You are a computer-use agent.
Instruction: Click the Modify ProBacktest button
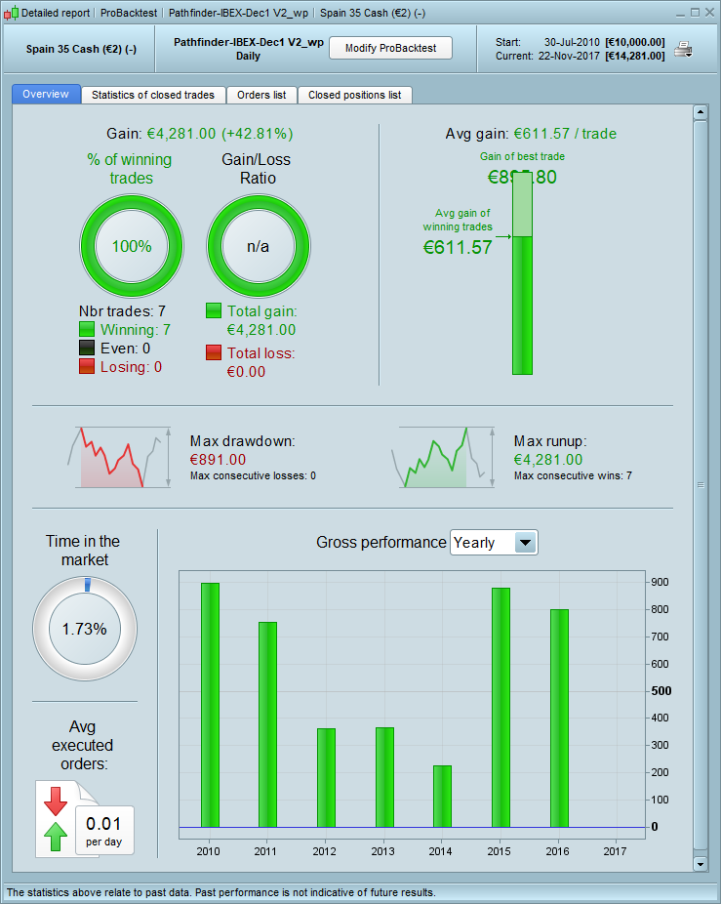click(x=390, y=48)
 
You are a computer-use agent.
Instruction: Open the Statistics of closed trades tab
click(x=154, y=95)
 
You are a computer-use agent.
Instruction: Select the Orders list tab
click(x=261, y=95)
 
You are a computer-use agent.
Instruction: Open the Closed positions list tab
click(x=354, y=95)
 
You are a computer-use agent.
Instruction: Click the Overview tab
click(x=46, y=95)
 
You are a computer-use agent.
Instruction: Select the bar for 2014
click(x=442, y=796)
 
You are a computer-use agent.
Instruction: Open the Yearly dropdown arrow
click(x=525, y=543)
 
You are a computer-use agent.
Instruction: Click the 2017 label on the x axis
click(x=616, y=851)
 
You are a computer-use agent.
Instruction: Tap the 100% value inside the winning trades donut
click(x=132, y=246)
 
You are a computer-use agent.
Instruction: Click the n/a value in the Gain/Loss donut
click(x=259, y=246)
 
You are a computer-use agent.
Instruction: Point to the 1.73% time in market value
click(x=84, y=629)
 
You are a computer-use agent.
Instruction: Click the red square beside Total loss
click(x=214, y=352)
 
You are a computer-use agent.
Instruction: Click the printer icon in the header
click(x=684, y=49)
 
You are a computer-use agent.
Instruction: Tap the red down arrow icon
click(x=55, y=801)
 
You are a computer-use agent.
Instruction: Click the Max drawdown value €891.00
click(x=218, y=460)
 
